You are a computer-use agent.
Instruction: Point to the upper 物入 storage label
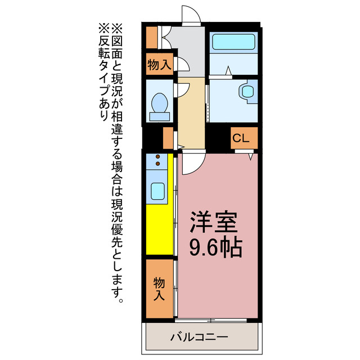point(159,64)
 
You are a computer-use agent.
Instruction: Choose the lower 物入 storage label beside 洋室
point(159,289)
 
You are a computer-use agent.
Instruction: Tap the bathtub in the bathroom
point(233,43)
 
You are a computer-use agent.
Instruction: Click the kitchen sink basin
point(157,191)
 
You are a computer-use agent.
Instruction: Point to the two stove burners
point(157,160)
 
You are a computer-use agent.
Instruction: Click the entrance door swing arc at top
point(190,14)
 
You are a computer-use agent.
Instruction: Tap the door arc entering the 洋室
point(191,163)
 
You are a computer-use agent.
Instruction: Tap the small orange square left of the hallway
point(168,138)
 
